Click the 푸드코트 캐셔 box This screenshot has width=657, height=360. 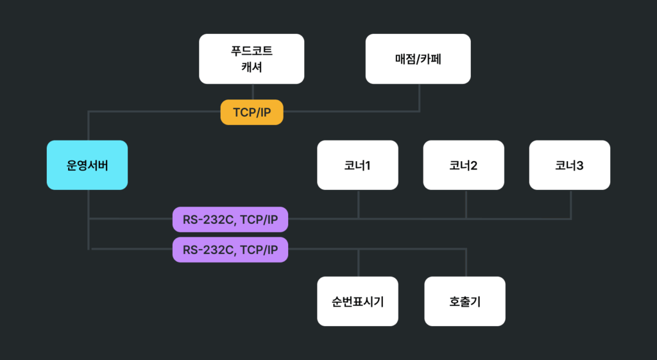pyautogui.click(x=252, y=59)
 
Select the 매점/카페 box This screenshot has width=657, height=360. pyautogui.click(x=418, y=59)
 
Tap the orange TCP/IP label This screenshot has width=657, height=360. pyautogui.click(x=252, y=113)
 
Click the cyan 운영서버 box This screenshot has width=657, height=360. pyautogui.click(x=87, y=165)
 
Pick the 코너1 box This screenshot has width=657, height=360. pyautogui.click(x=358, y=165)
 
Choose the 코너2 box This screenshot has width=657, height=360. pyautogui.click(x=463, y=165)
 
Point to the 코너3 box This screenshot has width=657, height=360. pyautogui.click(x=570, y=165)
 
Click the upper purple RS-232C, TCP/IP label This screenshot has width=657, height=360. pyautogui.click(x=230, y=219)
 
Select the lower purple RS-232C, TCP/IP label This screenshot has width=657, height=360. pyautogui.click(x=230, y=250)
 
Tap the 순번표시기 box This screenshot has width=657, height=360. pyautogui.click(x=358, y=301)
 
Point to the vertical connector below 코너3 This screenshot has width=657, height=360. pyautogui.click(x=571, y=204)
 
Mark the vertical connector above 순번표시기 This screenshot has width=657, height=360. pyautogui.click(x=358, y=263)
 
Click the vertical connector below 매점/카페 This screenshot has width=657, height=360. pyautogui.click(x=420, y=98)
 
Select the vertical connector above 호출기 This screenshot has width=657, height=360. pyautogui.click(x=466, y=263)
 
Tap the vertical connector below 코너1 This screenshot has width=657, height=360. pyautogui.click(x=358, y=204)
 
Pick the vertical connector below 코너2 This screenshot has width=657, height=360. pyautogui.click(x=466, y=204)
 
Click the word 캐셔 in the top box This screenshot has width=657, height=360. pyautogui.click(x=252, y=67)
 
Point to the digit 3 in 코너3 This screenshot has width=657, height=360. pyautogui.click(x=580, y=166)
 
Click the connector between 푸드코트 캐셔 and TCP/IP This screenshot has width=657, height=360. pyautogui.click(x=252, y=92)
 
